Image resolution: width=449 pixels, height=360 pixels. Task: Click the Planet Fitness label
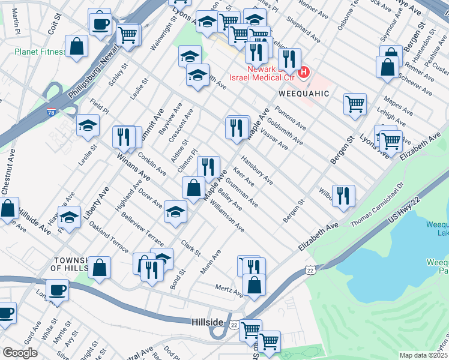point(40,52)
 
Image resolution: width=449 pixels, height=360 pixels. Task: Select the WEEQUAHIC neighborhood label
point(304,94)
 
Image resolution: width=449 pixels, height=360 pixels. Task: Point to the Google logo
point(20,353)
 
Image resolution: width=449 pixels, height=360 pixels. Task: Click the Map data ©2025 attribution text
point(424,355)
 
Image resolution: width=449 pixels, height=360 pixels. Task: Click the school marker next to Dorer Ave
point(175,212)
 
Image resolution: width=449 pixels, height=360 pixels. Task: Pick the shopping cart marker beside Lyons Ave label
point(391,142)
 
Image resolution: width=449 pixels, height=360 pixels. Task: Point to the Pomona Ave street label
point(291,118)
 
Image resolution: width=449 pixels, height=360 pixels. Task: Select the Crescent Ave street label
point(181,125)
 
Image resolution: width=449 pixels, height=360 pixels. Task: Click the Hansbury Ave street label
point(257,170)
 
